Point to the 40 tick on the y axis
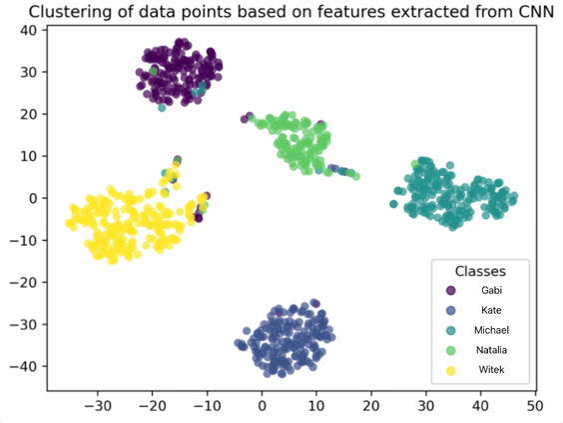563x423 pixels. click(x=28, y=30)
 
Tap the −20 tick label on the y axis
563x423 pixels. click(x=23, y=283)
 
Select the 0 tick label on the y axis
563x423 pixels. click(x=33, y=198)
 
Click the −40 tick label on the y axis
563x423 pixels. click(x=23, y=367)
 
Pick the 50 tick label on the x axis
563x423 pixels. click(x=535, y=406)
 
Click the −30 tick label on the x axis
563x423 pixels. click(x=97, y=406)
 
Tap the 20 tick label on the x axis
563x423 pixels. click(x=371, y=406)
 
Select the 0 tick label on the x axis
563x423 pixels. click(x=263, y=406)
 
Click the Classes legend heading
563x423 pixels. click(x=480, y=271)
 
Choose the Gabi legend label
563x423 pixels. click(x=491, y=290)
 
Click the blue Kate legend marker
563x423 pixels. click(x=450, y=310)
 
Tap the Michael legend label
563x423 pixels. click(x=491, y=330)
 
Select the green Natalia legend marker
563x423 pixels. click(x=450, y=350)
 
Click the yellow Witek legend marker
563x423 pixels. click(x=450, y=370)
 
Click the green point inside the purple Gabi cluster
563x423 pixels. click(x=154, y=71)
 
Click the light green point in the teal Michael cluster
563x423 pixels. click(x=415, y=165)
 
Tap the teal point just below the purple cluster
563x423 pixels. click(x=162, y=108)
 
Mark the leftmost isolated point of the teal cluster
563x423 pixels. click(x=393, y=204)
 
